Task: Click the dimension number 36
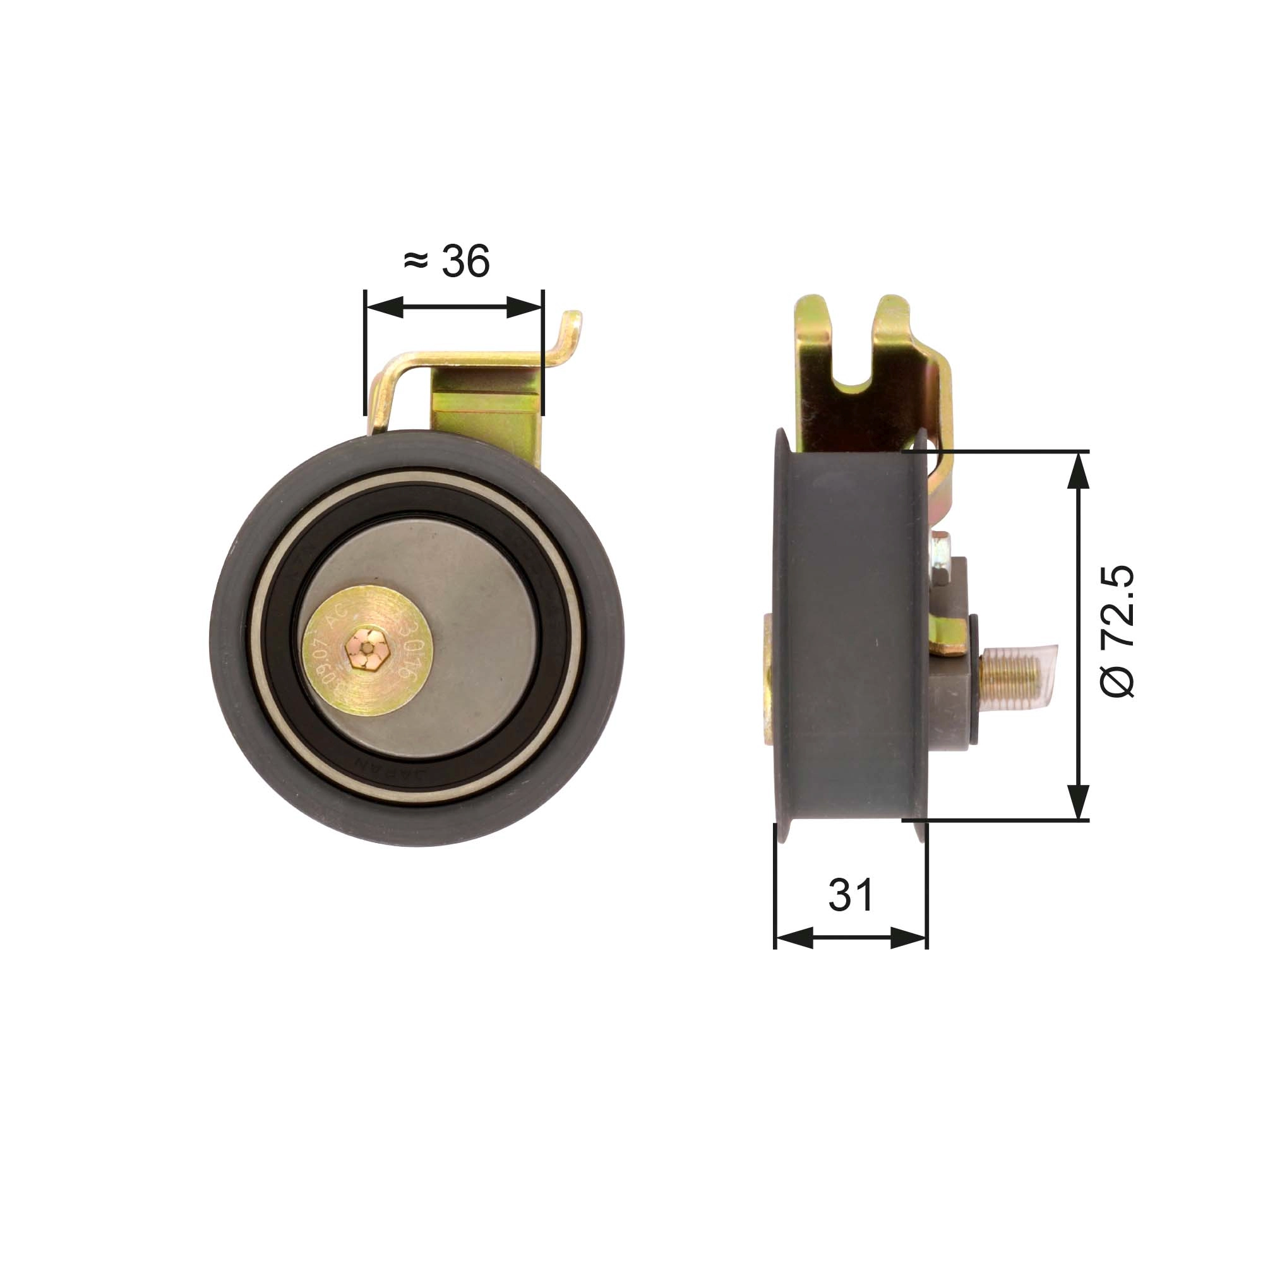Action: coord(465,261)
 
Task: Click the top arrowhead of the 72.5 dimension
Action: coord(1078,470)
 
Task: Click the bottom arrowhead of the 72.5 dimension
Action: coord(1078,800)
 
